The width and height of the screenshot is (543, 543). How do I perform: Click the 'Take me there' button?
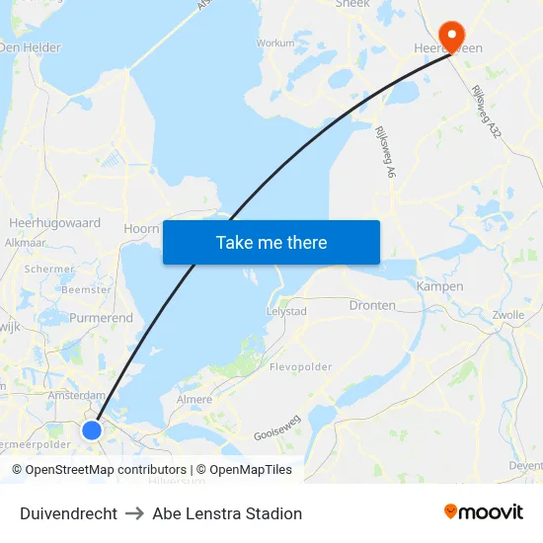271,243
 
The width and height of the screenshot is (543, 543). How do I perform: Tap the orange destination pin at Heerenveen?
453,37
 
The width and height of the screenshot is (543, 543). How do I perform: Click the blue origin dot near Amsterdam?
92,429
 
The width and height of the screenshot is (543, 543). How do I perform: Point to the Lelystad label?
287,311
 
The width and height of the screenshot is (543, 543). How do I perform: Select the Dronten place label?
372,306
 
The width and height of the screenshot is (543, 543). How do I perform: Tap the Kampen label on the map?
440,286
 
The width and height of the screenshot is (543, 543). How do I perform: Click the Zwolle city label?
507,315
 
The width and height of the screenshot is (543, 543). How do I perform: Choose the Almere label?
194,400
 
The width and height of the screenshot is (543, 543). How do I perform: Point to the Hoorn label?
141,228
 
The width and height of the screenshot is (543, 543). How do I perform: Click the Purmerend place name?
101,318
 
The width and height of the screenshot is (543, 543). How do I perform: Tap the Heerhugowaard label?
54,223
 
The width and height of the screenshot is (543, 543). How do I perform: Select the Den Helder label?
30,47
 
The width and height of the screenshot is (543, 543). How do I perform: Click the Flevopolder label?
301,367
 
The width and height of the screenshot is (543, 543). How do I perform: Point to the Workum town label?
275,43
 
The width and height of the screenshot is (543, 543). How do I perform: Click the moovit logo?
483,511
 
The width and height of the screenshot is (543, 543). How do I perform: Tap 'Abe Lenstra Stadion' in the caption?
227,513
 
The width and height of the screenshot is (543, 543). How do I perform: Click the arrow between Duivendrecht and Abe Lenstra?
135,513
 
